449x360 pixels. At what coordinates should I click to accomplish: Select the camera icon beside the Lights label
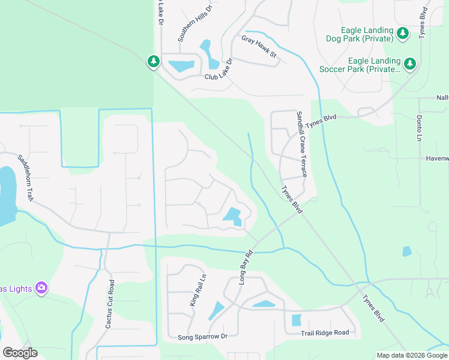click(x=41, y=288)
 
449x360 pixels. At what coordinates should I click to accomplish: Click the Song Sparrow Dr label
click(x=202, y=337)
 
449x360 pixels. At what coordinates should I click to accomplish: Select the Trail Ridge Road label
click(x=325, y=333)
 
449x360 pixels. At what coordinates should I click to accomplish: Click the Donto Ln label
click(x=419, y=128)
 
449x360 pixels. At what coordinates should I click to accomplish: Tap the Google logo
click(x=20, y=353)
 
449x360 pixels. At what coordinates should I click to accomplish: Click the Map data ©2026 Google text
click(x=411, y=355)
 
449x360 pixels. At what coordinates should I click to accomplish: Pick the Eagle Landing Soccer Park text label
click(x=374, y=65)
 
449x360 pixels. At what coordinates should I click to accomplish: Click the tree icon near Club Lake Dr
click(x=154, y=61)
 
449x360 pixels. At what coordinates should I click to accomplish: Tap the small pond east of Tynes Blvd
click(x=407, y=251)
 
